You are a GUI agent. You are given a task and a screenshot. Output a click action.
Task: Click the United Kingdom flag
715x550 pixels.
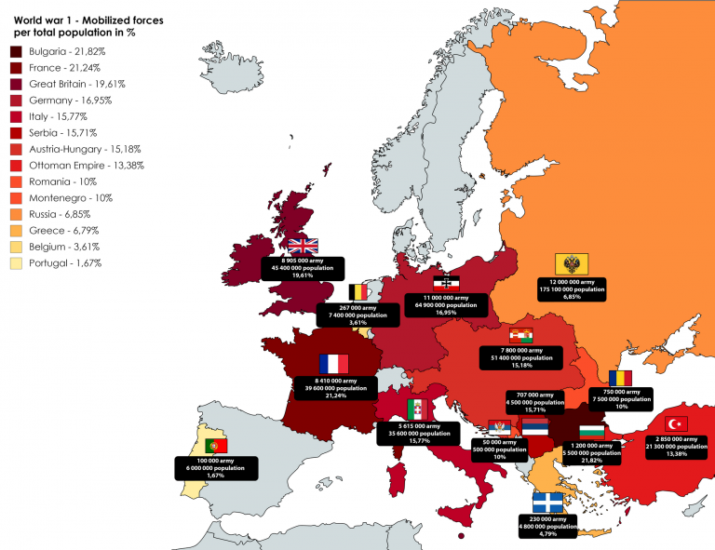(x=303, y=246)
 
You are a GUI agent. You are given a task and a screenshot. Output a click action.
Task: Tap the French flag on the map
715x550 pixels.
(x=333, y=364)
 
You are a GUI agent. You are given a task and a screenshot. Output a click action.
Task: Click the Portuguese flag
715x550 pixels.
(x=216, y=446)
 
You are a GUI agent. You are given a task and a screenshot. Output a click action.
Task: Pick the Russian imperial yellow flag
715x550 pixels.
(x=568, y=263)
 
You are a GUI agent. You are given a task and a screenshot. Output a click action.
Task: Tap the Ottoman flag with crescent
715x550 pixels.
(x=671, y=424)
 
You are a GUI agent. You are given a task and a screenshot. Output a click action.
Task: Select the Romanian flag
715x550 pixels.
(x=621, y=378)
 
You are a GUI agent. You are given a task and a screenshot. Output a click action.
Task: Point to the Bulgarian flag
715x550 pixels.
(x=592, y=432)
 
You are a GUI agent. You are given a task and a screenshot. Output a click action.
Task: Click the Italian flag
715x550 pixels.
(x=419, y=409)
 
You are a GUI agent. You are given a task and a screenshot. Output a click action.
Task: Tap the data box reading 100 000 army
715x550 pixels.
(x=215, y=467)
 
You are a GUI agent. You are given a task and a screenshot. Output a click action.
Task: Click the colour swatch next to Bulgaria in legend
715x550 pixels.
(x=16, y=52)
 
